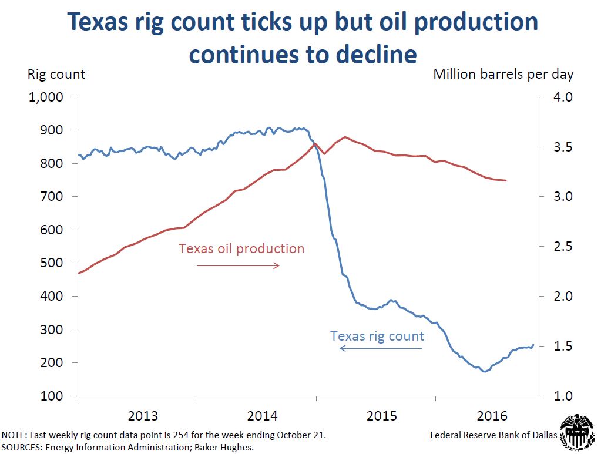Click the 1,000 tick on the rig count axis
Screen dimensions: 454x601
(x=46, y=97)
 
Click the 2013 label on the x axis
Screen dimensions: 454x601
(x=143, y=416)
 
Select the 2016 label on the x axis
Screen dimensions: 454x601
(x=492, y=416)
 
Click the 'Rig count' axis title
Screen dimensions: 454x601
(x=56, y=75)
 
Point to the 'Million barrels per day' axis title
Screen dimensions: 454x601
(x=503, y=75)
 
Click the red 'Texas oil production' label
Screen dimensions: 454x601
(x=241, y=248)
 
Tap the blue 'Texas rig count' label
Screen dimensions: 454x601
(x=377, y=337)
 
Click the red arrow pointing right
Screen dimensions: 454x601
(x=238, y=265)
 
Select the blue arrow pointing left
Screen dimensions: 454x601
(x=381, y=349)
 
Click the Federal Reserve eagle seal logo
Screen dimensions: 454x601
(x=578, y=433)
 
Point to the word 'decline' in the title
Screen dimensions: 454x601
(x=376, y=55)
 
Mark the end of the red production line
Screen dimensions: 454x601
(x=505, y=180)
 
